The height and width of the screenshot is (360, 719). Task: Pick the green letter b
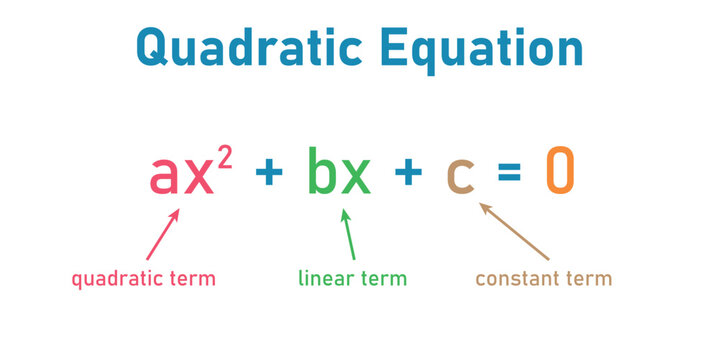coord(323,170)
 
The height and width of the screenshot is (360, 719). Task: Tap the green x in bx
coord(355,174)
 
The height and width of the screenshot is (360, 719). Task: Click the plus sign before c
coord(408,174)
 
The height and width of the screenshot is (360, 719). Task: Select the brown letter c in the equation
coord(459,175)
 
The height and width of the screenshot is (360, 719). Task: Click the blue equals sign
coord(509,175)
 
